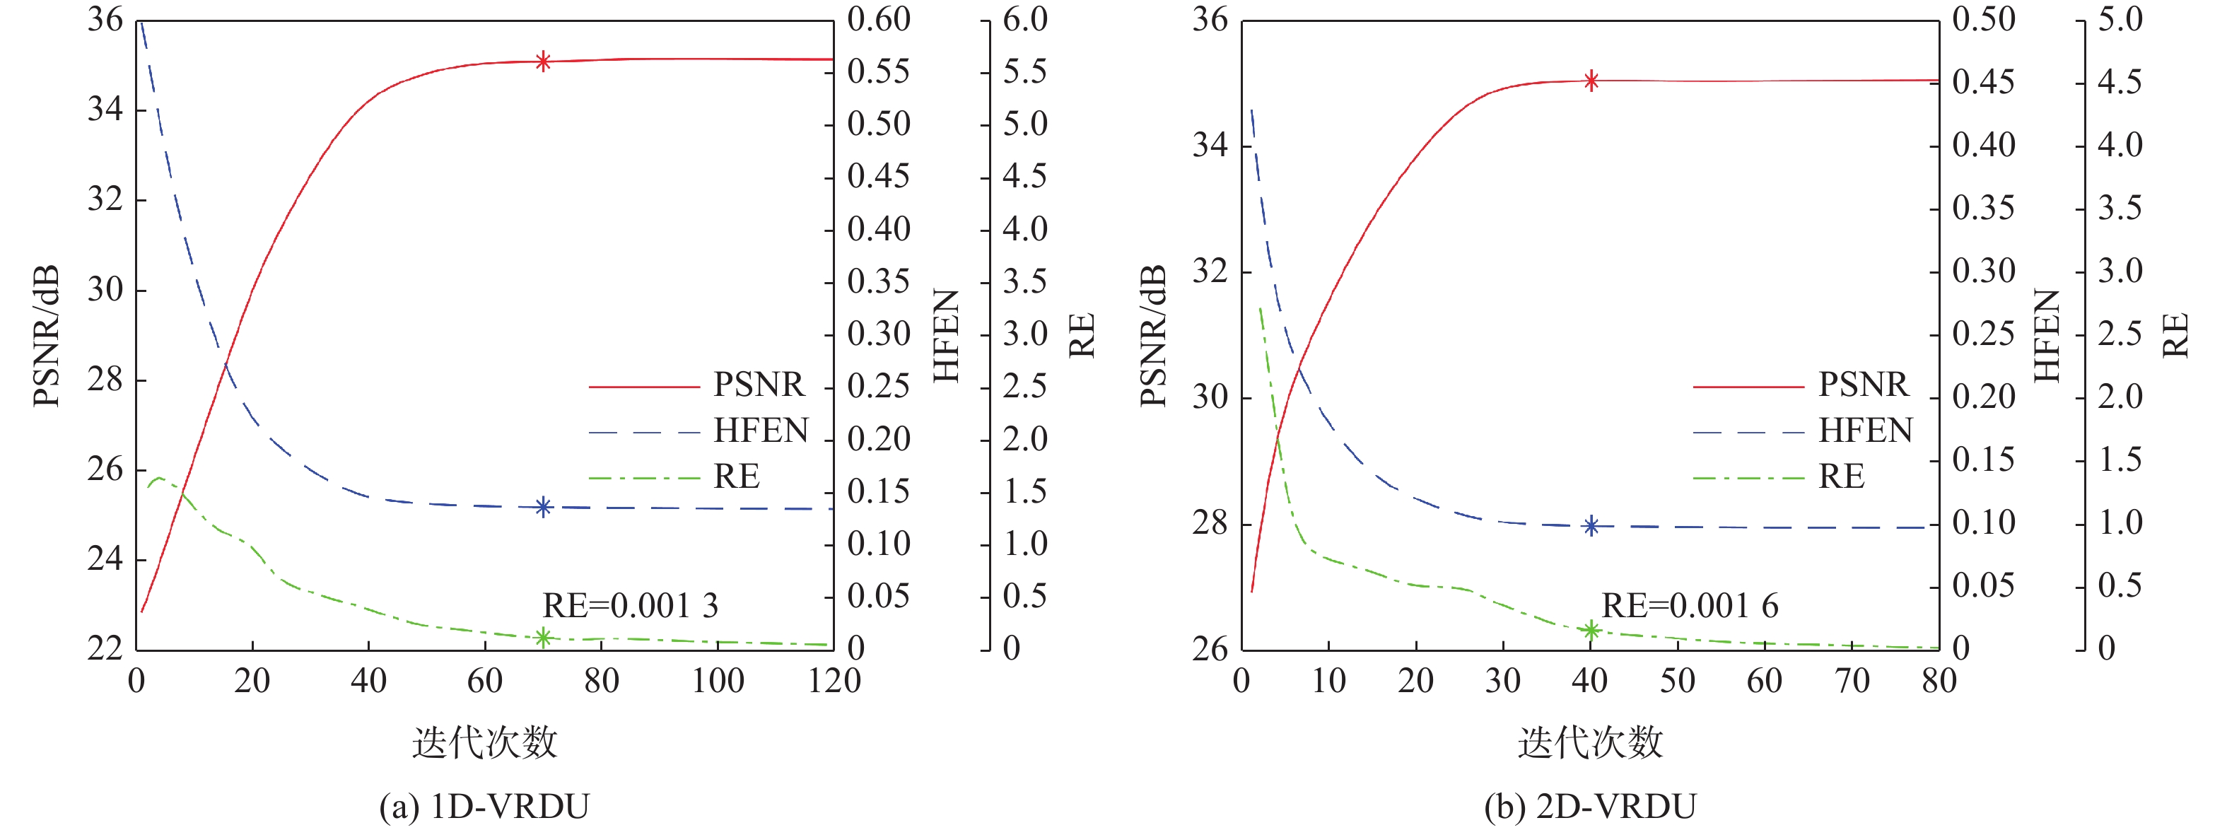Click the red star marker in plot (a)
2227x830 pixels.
[543, 62]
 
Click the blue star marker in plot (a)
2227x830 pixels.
[543, 508]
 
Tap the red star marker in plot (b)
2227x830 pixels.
[1591, 81]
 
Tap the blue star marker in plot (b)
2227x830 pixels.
[1591, 526]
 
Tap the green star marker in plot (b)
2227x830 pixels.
[1591, 631]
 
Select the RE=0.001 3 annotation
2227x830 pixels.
[629, 605]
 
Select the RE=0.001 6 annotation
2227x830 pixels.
[1689, 605]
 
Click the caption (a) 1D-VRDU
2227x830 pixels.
[484, 806]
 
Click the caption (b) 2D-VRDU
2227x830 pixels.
[1590, 806]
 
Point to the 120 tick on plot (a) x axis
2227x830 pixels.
[834, 682]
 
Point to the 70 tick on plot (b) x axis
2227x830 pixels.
[1852, 682]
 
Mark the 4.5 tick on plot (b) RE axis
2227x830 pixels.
[2120, 82]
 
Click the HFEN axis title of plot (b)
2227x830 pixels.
[2046, 335]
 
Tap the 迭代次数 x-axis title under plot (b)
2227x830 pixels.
[1590, 742]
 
